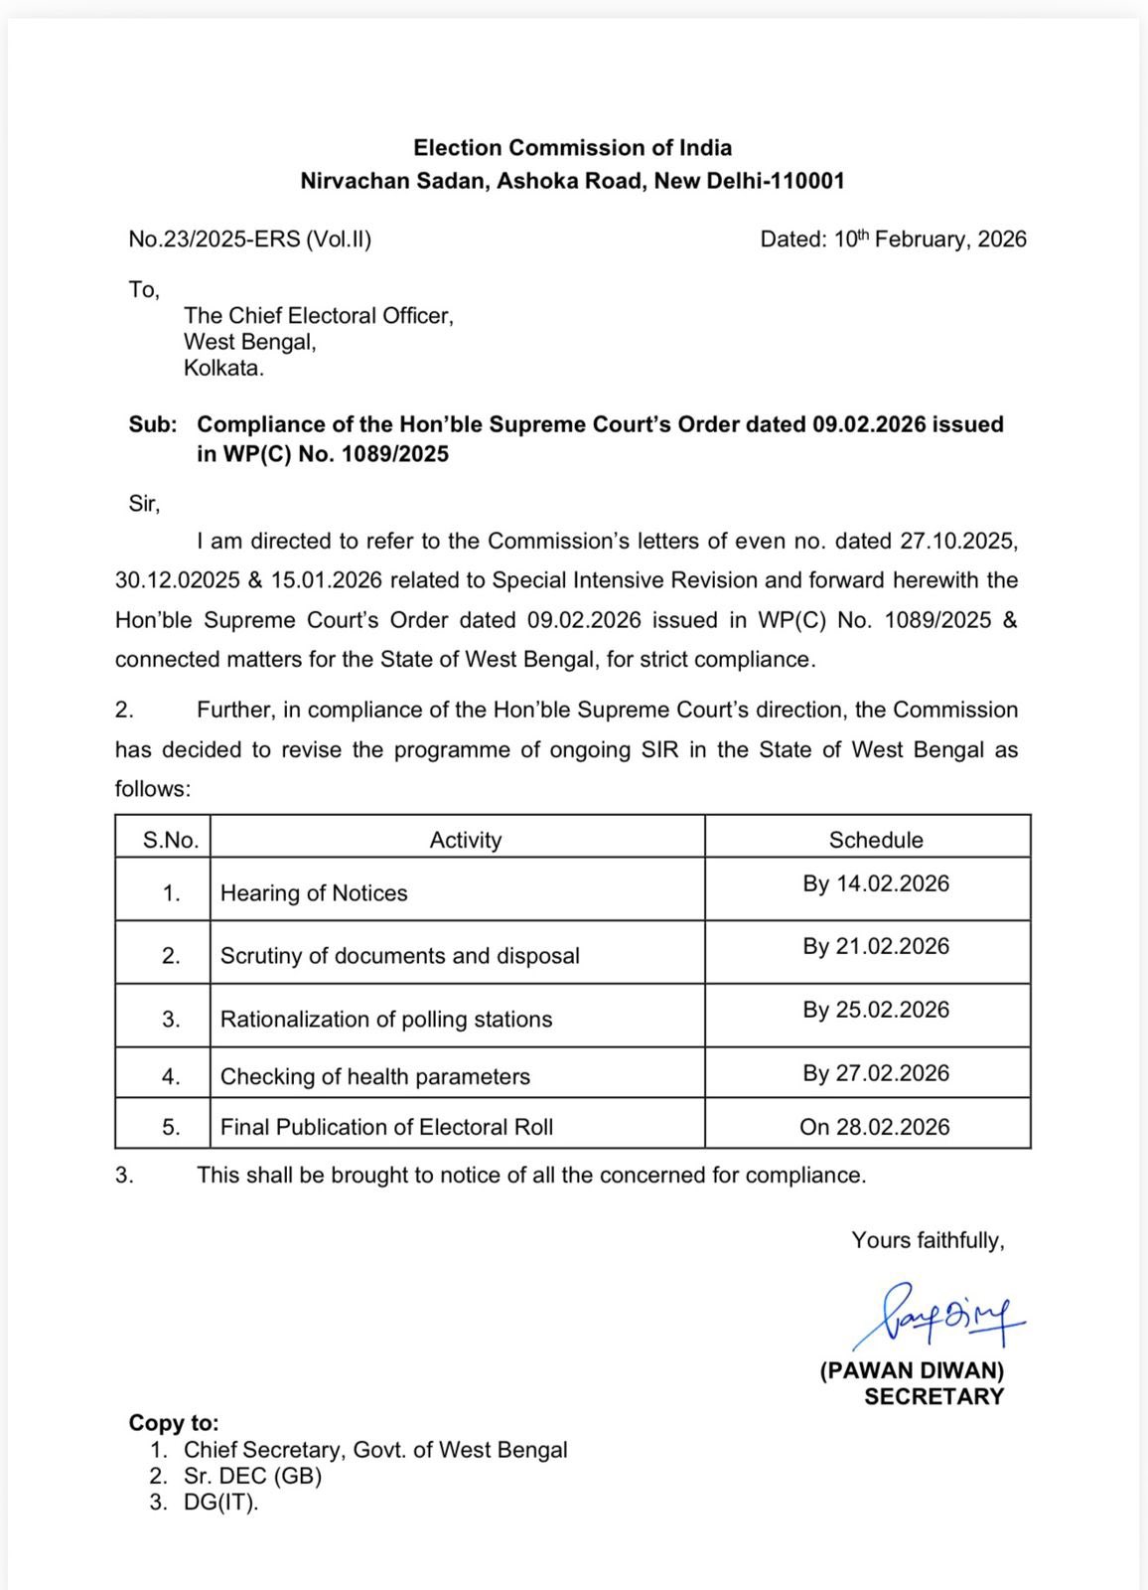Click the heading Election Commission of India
[x=573, y=148]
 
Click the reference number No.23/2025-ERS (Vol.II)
[x=249, y=239]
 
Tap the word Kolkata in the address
[x=223, y=368]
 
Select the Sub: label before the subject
[x=153, y=424]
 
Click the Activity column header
[x=465, y=840]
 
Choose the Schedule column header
[x=876, y=840]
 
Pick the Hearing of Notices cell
[x=314, y=892]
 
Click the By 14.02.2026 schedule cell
[x=876, y=883]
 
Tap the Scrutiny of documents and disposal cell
[x=399, y=955]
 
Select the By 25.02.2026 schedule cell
[x=876, y=1010]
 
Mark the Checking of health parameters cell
[x=374, y=1076]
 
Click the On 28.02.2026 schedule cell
[x=875, y=1127]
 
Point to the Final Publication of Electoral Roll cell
[x=386, y=1127]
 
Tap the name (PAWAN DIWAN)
[x=912, y=1370]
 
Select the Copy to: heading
[x=174, y=1422]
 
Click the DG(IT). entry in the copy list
[x=220, y=1502]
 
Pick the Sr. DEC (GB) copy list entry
[x=252, y=1476]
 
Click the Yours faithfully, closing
[x=928, y=1240]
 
